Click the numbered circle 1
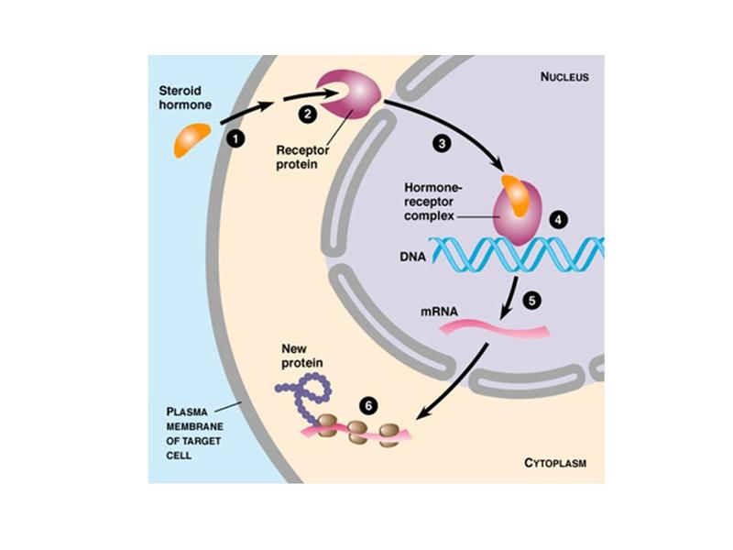tap(235, 138)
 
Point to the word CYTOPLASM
tap(555, 463)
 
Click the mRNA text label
tap(439, 312)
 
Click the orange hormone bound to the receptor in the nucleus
tap(519, 195)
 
